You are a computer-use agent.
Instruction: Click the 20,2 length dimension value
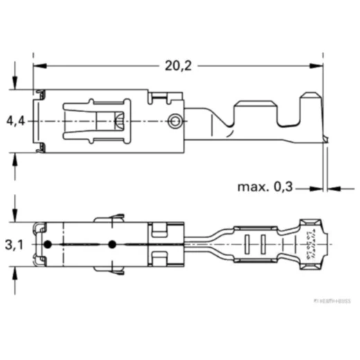click(x=178, y=66)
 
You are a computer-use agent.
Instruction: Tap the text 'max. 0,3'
click(x=264, y=187)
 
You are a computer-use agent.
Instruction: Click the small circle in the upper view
click(x=175, y=122)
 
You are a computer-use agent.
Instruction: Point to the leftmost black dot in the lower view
click(x=47, y=245)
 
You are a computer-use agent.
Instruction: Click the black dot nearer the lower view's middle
click(x=111, y=245)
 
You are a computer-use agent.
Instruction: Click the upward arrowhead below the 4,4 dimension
click(x=15, y=157)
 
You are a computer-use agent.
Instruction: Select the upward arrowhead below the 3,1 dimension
click(x=15, y=272)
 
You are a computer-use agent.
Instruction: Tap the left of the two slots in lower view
click(x=248, y=245)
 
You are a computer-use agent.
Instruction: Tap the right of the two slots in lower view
click(x=263, y=245)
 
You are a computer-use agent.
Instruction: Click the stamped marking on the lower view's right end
click(x=309, y=245)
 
